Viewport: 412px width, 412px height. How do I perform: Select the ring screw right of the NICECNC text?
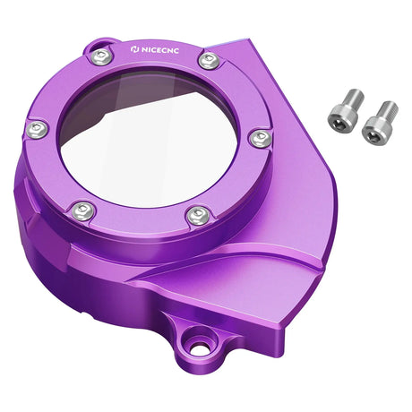click(208, 61)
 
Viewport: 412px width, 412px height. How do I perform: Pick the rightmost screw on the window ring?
click(259, 139)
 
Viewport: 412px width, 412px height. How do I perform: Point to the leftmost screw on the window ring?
click(37, 131)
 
